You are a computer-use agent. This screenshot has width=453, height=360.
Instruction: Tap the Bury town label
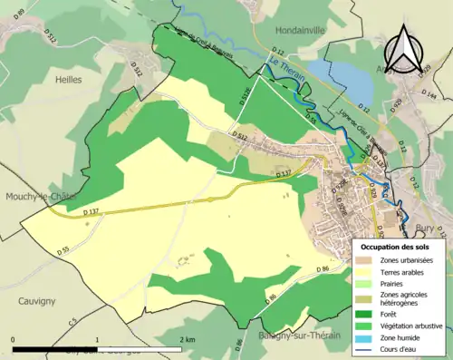coord(426,229)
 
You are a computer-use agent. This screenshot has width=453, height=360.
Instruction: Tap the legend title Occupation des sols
coord(398,247)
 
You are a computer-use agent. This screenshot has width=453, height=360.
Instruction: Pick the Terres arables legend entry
coord(399,271)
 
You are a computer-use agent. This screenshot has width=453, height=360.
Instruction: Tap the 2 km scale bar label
coord(186,339)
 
